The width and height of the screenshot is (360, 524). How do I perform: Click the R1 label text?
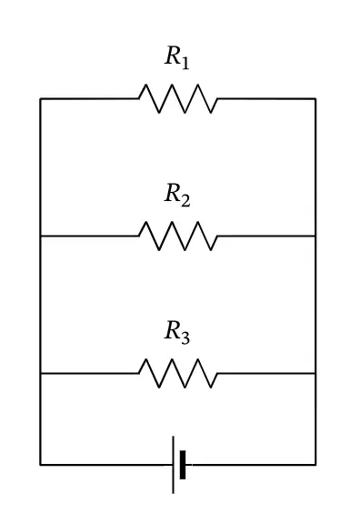(177, 57)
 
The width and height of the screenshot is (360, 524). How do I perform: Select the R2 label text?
(177, 195)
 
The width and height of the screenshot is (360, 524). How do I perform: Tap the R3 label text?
(177, 332)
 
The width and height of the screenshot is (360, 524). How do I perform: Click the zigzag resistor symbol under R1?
(178, 98)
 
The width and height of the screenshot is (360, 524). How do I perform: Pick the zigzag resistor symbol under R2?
(178, 236)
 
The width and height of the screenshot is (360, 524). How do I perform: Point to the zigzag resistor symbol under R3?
(178, 373)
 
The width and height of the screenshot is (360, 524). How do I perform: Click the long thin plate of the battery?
(173, 465)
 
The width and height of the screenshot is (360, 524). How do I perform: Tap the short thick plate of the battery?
(183, 465)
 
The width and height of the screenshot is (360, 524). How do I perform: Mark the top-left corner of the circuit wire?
(40, 98)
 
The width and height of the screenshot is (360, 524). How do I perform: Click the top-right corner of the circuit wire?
(315, 98)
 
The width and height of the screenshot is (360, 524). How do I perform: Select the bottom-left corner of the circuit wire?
(40, 465)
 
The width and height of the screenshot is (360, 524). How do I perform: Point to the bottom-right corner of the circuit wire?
(315, 465)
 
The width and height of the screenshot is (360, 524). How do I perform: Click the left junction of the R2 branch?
(40, 236)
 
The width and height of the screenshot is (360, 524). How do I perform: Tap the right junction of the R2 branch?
(315, 236)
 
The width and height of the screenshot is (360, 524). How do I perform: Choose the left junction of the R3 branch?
(40, 373)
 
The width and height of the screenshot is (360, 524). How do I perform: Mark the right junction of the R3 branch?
(315, 373)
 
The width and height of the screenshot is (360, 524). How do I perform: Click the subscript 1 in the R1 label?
(185, 64)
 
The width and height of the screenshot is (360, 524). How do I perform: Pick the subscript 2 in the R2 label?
(185, 200)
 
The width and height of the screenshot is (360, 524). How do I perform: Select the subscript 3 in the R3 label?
(185, 338)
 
